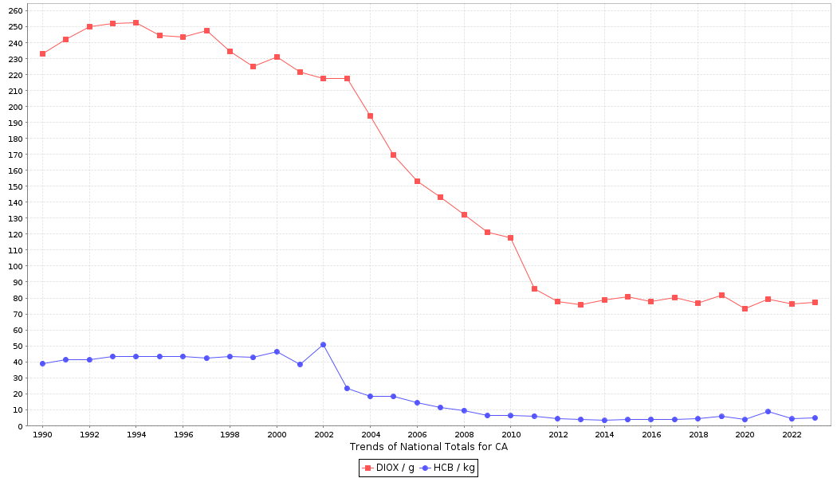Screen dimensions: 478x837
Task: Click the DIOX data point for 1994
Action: (x=136, y=22)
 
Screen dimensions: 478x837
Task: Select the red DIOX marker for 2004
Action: (x=370, y=116)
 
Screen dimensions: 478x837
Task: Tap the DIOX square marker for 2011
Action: (x=534, y=288)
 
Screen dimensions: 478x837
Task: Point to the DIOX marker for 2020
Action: (x=745, y=308)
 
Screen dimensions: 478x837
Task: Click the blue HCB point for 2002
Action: (x=323, y=344)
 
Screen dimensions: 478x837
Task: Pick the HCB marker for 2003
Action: (x=347, y=388)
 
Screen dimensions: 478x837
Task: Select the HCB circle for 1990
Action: (x=42, y=363)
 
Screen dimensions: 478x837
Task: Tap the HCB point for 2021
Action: (x=768, y=411)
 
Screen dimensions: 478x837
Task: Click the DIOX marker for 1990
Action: (x=42, y=53)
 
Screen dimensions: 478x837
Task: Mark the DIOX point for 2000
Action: (x=277, y=57)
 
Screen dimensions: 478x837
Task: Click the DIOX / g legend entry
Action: (x=389, y=468)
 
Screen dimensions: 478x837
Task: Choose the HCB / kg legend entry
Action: (x=448, y=468)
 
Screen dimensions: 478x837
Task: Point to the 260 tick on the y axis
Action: (x=16, y=11)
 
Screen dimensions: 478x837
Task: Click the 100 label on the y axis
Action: (x=16, y=266)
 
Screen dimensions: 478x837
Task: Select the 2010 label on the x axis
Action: (x=510, y=435)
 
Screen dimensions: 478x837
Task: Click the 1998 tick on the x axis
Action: (x=230, y=435)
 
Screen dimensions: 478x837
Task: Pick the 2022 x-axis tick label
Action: (x=792, y=435)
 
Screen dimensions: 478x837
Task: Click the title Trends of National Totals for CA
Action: (x=429, y=447)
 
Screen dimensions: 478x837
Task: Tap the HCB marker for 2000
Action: (x=277, y=351)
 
